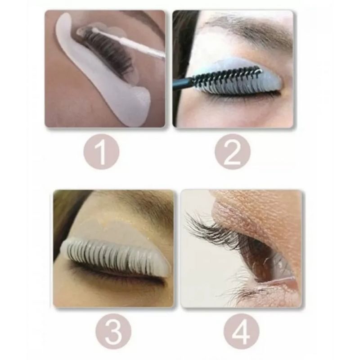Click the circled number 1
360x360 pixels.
tap(101, 152)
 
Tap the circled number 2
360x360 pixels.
tap(232, 152)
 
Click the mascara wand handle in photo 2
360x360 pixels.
tap(183, 82)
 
